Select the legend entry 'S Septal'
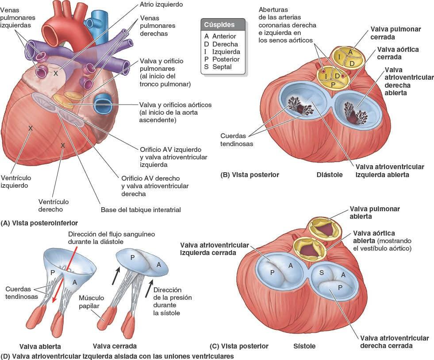coord(218,67)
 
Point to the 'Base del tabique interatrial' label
coord(141,210)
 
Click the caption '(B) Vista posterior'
coord(250,175)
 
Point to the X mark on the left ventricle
coord(31,128)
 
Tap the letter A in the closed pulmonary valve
coord(350,52)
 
